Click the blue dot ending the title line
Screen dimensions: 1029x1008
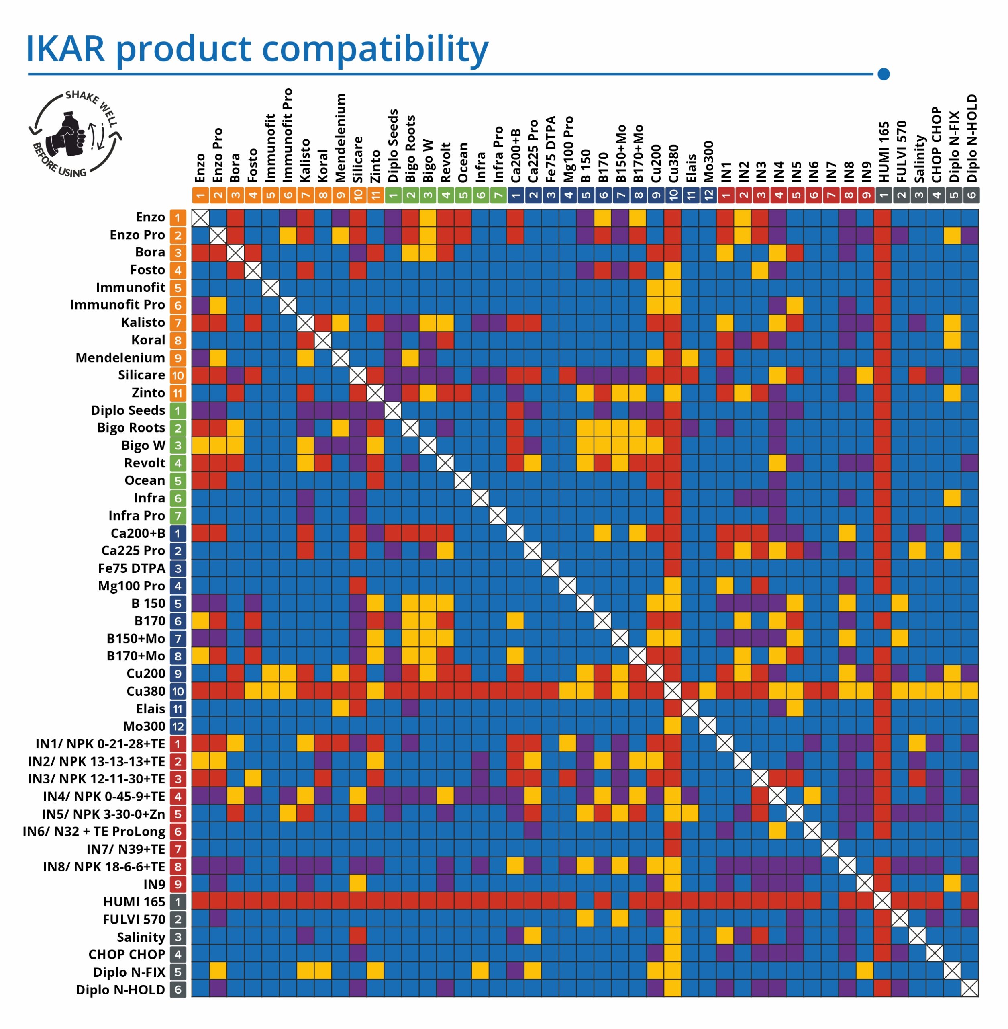coord(884,74)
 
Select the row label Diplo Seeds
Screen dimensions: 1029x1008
coord(128,410)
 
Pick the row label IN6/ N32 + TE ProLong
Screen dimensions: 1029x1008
coord(94,831)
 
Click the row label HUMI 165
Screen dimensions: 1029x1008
coord(134,901)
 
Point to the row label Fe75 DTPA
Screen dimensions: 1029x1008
coord(131,568)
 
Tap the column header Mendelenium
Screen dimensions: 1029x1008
coord(341,138)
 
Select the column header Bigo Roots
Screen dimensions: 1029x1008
coord(410,149)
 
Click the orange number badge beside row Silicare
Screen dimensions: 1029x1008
coord(178,375)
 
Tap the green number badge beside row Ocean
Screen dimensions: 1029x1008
coord(178,481)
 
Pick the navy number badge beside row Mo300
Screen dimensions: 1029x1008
coord(178,726)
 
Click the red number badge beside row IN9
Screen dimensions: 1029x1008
coord(178,884)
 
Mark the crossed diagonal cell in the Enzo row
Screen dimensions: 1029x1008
coord(200,217)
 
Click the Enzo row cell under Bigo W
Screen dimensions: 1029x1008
coord(428,217)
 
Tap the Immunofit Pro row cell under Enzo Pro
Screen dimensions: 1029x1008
coord(218,305)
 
